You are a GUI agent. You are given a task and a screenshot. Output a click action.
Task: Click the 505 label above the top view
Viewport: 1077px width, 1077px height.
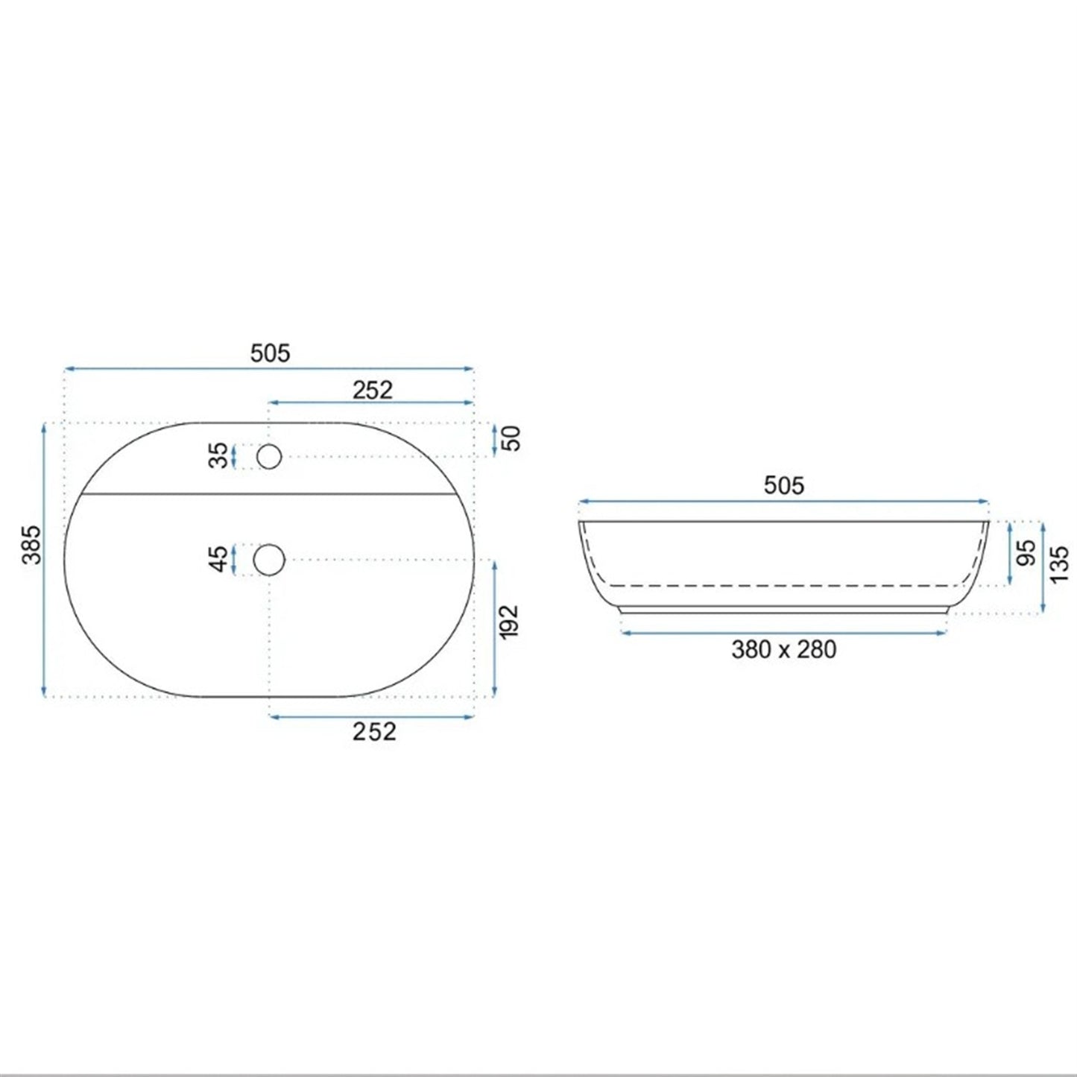(271, 353)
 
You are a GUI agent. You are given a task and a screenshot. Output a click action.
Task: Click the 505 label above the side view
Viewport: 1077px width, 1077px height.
(784, 486)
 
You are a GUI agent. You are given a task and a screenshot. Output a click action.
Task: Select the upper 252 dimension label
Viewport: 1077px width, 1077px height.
(373, 390)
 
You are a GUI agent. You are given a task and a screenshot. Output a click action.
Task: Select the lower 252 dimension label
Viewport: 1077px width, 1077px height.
(374, 732)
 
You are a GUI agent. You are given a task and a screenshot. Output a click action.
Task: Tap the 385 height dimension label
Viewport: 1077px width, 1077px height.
(32, 545)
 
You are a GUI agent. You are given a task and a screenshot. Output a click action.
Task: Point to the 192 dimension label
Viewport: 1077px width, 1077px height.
(509, 620)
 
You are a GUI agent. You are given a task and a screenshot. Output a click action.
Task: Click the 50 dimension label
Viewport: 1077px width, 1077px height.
(512, 438)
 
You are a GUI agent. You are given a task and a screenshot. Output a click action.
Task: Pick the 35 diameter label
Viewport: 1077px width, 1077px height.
(218, 455)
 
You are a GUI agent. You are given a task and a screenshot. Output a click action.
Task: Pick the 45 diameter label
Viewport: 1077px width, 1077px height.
(218, 559)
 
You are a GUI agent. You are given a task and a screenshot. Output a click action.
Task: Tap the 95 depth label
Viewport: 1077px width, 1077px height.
(1026, 553)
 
